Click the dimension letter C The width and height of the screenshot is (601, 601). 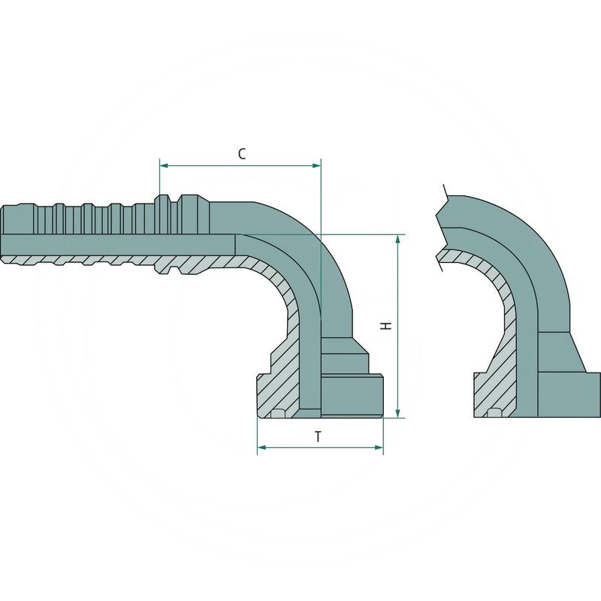pos(242,153)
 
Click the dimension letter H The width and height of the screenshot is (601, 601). pos(385,327)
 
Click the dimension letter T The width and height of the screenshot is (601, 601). pos(319,436)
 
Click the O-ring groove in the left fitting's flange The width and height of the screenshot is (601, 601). pos(279,412)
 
